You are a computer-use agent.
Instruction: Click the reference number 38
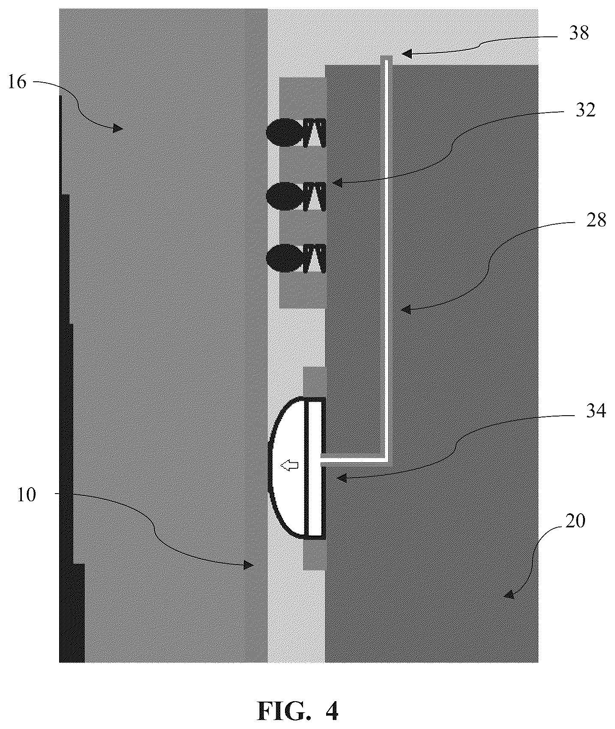pos(579,33)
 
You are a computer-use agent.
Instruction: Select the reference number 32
pos(585,110)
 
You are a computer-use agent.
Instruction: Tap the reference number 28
pos(596,220)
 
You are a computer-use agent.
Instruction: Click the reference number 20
pos(575,522)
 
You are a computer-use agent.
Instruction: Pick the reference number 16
pos(17,82)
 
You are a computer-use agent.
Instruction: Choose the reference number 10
pos(27,495)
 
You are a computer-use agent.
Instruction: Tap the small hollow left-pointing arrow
pos(289,466)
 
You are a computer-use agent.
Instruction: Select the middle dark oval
pos(282,196)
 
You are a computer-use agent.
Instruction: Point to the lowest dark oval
pos(282,259)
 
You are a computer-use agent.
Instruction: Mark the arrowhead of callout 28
pos(406,310)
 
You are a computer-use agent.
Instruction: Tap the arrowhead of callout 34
pos(340,479)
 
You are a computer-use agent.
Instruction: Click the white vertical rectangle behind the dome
pos(315,468)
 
